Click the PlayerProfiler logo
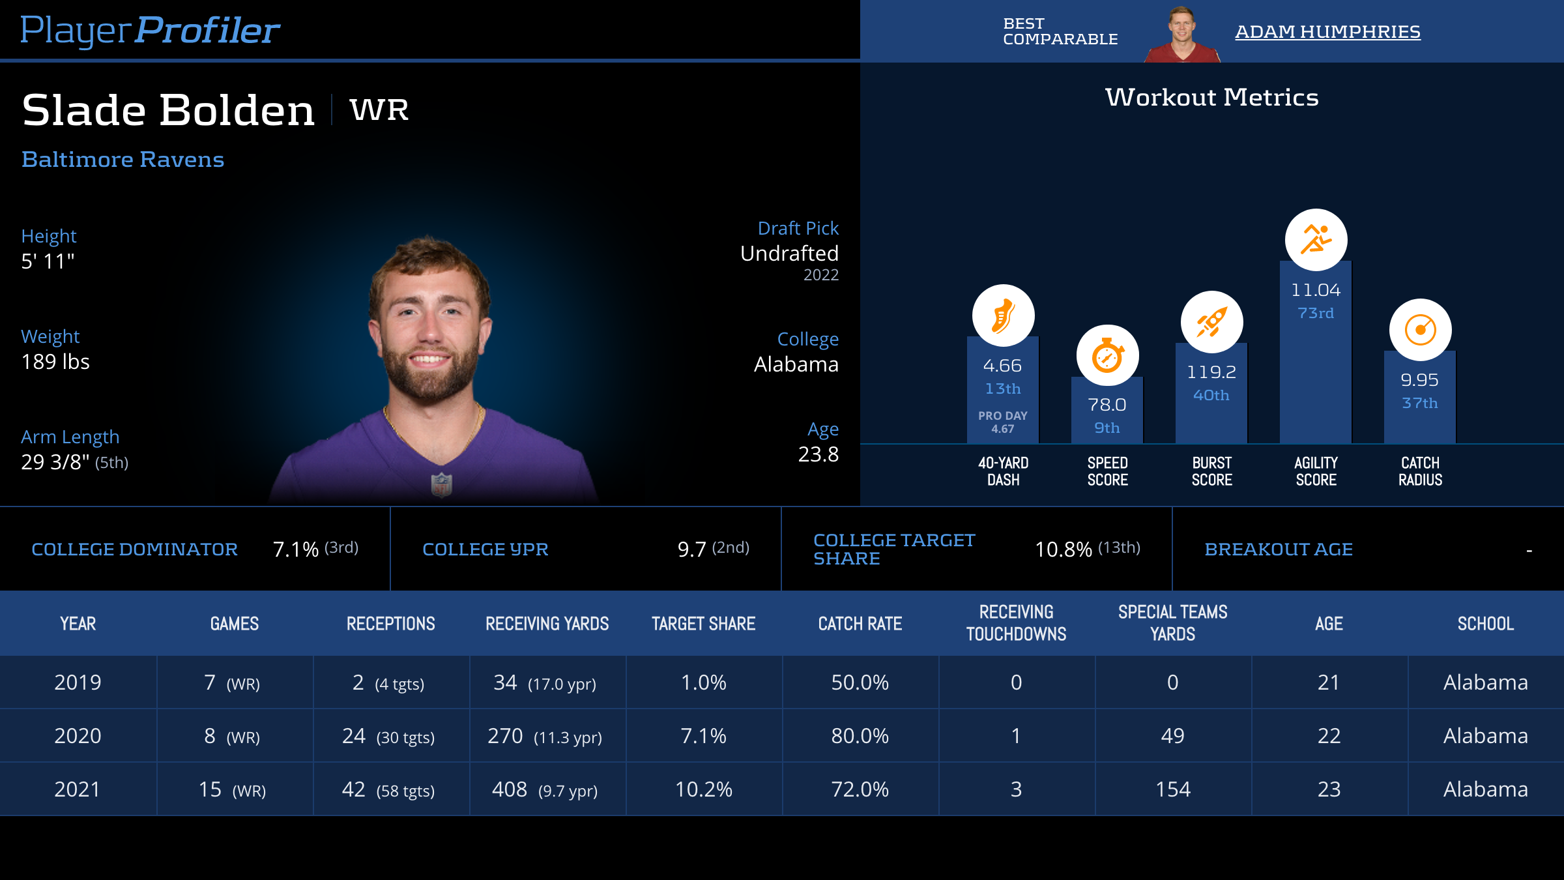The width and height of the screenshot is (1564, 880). click(x=150, y=31)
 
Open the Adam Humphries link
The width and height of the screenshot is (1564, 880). click(x=1327, y=32)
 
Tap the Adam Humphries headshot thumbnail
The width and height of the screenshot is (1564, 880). click(x=1182, y=35)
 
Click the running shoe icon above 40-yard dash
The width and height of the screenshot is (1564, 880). click(x=1003, y=315)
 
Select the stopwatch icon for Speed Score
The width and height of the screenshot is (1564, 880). click(x=1107, y=356)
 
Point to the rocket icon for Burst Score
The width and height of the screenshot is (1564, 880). click(x=1211, y=322)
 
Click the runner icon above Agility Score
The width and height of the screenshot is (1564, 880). click(x=1316, y=240)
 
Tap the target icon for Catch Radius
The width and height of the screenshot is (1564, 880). click(x=1420, y=330)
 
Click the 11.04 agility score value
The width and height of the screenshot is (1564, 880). click(x=1316, y=290)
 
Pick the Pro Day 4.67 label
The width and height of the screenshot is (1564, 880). click(x=1003, y=422)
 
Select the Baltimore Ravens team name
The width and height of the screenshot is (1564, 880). click(x=123, y=160)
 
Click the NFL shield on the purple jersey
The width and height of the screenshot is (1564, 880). click(x=441, y=484)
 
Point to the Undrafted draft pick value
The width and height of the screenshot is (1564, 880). click(x=789, y=254)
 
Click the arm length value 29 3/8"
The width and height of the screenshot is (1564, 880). click(x=55, y=462)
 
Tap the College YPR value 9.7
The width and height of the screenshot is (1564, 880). click(x=692, y=550)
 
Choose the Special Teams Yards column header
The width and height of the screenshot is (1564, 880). click(x=1172, y=623)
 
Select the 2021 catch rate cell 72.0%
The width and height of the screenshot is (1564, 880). click(x=860, y=789)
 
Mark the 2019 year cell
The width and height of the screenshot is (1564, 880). click(x=78, y=682)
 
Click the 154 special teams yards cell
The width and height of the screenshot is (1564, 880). click(x=1172, y=789)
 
